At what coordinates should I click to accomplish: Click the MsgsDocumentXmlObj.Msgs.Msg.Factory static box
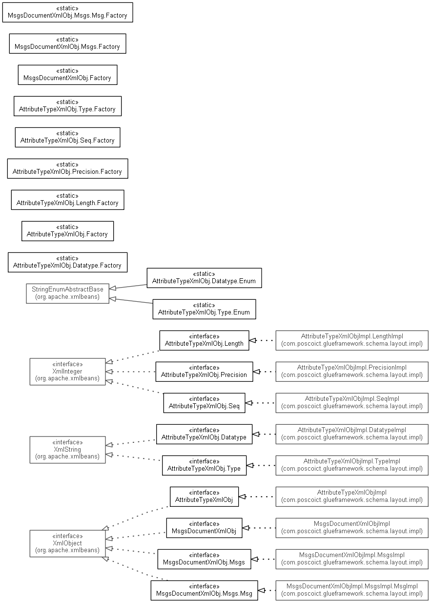[x=67, y=12]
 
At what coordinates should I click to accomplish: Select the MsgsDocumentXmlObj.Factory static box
[x=67, y=75]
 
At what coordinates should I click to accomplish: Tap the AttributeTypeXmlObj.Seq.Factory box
[x=67, y=137]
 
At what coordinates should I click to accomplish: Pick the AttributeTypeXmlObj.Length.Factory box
[x=67, y=200]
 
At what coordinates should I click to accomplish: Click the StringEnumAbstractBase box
[x=67, y=293]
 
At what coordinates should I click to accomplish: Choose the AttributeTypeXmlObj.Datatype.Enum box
[x=204, y=278]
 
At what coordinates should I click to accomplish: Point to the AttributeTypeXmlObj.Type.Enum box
[x=204, y=309]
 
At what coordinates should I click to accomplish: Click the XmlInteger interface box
[x=67, y=372]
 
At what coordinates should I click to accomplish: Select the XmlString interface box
[x=67, y=450]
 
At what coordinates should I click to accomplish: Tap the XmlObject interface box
[x=67, y=543]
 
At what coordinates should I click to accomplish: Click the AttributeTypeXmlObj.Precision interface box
[x=204, y=372]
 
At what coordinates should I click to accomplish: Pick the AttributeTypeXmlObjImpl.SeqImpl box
[x=352, y=403]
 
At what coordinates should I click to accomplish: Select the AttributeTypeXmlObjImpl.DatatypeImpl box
[x=352, y=434]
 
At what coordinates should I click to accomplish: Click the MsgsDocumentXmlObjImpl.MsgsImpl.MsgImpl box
[x=352, y=590]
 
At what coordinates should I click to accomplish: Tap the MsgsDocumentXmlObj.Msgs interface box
[x=204, y=559]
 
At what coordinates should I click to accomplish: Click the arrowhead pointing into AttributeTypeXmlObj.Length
[x=252, y=340]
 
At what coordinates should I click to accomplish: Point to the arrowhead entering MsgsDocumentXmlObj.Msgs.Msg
[x=261, y=590]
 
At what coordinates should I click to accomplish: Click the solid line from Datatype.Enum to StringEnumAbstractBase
[x=128, y=287]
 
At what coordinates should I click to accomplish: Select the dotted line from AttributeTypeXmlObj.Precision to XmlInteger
[x=130, y=372]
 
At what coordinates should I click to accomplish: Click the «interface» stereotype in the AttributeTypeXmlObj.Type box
[x=204, y=461]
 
